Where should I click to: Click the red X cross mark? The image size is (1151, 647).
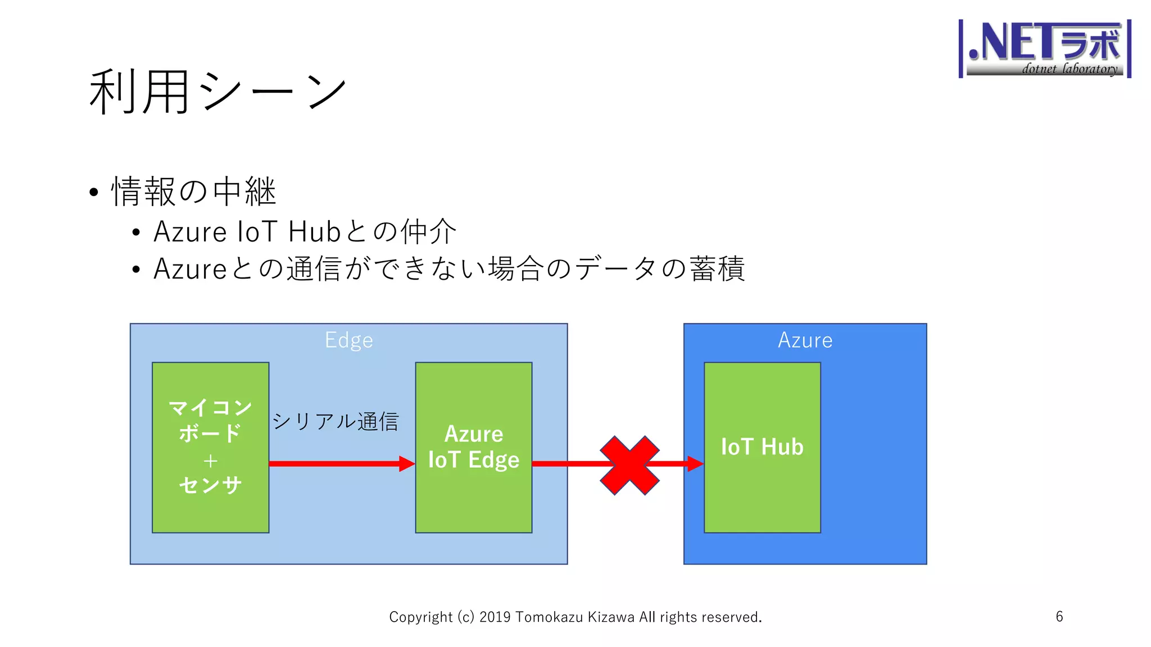click(629, 465)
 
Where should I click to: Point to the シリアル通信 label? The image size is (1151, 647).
click(336, 421)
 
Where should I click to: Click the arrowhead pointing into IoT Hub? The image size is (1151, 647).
click(695, 463)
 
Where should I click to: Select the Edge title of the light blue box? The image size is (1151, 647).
click(348, 340)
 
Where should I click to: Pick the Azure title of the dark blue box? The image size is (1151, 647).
click(805, 340)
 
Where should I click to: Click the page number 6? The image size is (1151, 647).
click(1059, 617)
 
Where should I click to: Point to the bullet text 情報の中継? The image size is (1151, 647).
click(194, 192)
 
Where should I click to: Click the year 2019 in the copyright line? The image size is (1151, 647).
click(495, 617)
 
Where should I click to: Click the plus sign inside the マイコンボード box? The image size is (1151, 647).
click(210, 461)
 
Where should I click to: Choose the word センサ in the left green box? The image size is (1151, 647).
click(210, 485)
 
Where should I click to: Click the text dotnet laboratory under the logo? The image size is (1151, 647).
click(1069, 69)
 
